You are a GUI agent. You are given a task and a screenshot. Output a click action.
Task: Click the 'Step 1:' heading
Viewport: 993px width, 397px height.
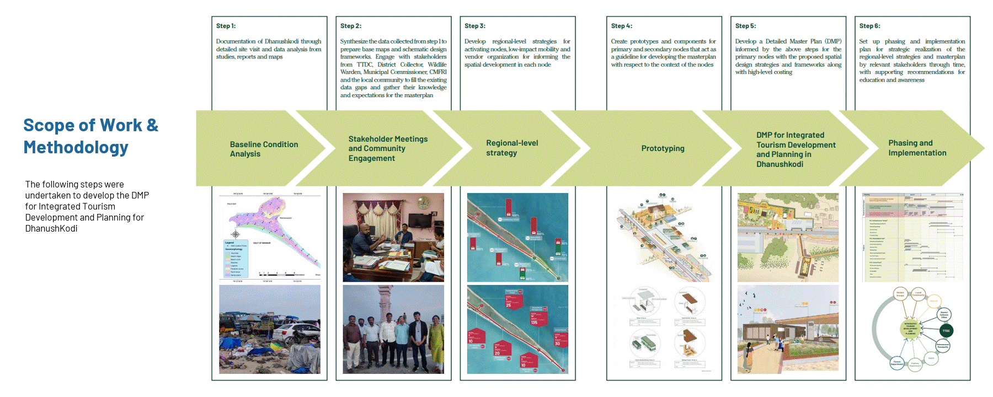point(226,26)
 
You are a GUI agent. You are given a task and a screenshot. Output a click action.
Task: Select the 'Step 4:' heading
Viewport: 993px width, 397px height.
point(621,26)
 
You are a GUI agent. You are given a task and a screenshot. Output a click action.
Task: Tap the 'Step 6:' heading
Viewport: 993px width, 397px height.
point(869,26)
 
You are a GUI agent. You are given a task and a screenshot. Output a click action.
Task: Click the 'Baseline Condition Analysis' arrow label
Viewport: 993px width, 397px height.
point(264,149)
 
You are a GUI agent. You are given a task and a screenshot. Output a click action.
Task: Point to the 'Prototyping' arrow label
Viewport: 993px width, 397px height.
point(663,148)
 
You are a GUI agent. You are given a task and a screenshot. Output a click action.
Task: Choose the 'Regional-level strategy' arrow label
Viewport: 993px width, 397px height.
point(511,148)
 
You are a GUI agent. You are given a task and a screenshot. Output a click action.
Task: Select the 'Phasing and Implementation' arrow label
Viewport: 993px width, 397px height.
point(917,148)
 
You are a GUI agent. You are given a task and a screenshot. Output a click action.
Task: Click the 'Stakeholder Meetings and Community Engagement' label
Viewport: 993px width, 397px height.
point(388,149)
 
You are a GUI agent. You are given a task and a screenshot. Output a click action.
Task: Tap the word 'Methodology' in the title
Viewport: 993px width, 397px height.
point(76,147)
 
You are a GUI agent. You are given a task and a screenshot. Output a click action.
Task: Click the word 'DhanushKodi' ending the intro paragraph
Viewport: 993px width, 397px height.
point(51,228)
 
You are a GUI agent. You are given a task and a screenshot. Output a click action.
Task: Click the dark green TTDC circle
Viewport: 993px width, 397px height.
point(946,331)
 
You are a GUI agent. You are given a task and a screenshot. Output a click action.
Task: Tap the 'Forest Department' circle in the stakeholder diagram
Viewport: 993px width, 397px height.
point(897,363)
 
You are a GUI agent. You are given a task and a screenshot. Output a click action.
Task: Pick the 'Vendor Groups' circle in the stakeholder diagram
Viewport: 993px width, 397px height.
point(900,294)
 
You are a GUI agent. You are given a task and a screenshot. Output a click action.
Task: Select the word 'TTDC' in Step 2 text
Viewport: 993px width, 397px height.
point(365,65)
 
